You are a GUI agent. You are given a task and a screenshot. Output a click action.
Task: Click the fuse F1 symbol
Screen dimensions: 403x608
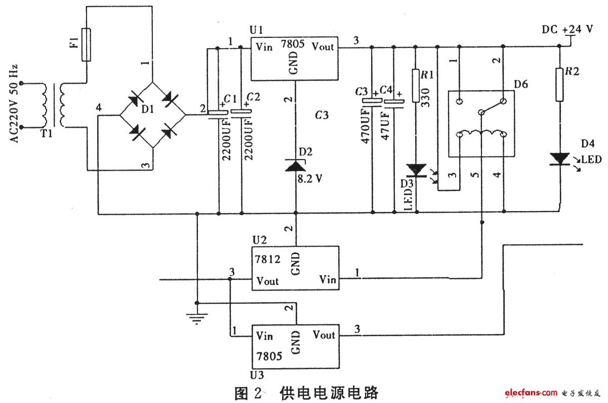87,45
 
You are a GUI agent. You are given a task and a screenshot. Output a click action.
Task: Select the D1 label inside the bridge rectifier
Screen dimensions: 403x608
147,109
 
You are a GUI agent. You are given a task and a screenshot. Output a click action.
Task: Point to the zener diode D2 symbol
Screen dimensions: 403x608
296,166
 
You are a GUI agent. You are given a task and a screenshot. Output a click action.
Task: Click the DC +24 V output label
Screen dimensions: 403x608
567,29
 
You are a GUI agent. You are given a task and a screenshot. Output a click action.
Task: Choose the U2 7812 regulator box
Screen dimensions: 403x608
295,268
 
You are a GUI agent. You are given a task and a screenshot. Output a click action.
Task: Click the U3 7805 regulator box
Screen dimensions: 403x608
295,346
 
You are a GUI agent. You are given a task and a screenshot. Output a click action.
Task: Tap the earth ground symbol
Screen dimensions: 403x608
197,318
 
